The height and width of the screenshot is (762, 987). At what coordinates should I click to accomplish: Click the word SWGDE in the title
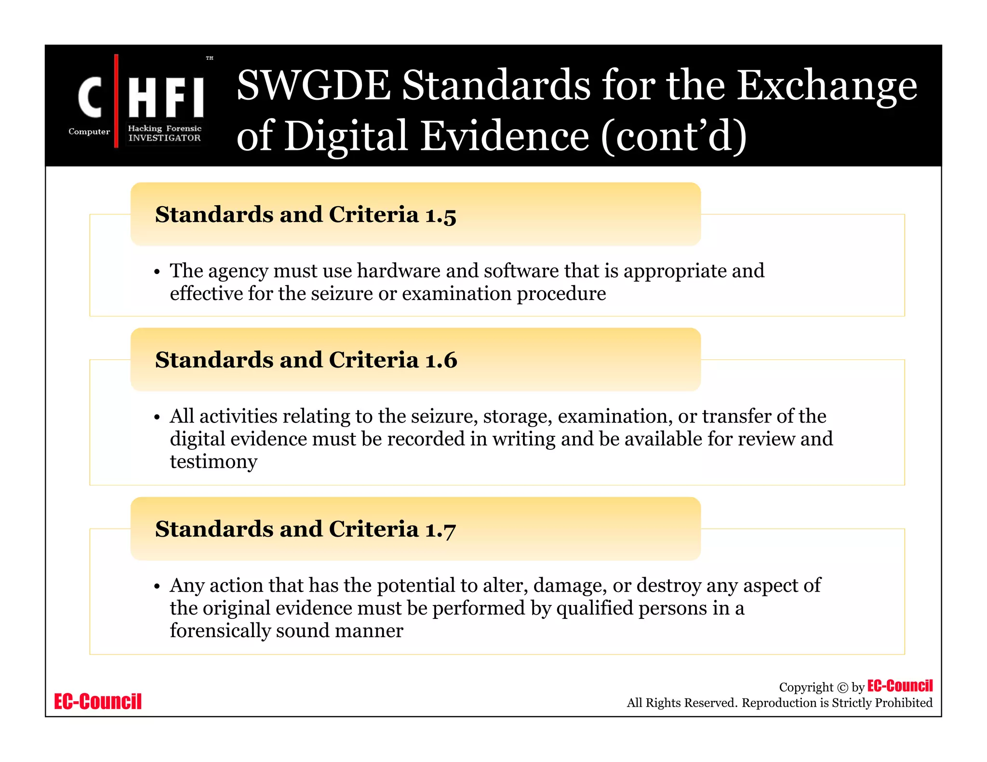point(313,86)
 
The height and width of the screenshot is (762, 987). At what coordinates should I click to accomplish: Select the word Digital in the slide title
point(346,136)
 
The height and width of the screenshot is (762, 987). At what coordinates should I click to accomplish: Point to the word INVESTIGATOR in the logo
point(164,138)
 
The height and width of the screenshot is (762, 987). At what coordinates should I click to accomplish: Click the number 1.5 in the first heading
point(440,215)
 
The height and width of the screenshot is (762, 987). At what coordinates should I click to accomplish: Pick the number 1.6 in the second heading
point(441,360)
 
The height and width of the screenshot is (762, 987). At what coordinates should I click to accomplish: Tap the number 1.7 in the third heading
point(440,530)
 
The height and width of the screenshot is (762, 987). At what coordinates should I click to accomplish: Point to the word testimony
point(213,461)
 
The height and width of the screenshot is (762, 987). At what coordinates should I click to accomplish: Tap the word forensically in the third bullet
point(220,631)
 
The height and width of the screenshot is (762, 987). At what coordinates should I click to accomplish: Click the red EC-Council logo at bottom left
point(98,701)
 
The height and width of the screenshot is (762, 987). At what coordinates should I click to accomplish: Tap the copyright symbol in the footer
point(842,688)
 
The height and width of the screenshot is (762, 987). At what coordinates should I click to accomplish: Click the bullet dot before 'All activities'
point(157,417)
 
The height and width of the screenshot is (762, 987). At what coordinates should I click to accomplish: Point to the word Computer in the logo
point(89,131)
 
